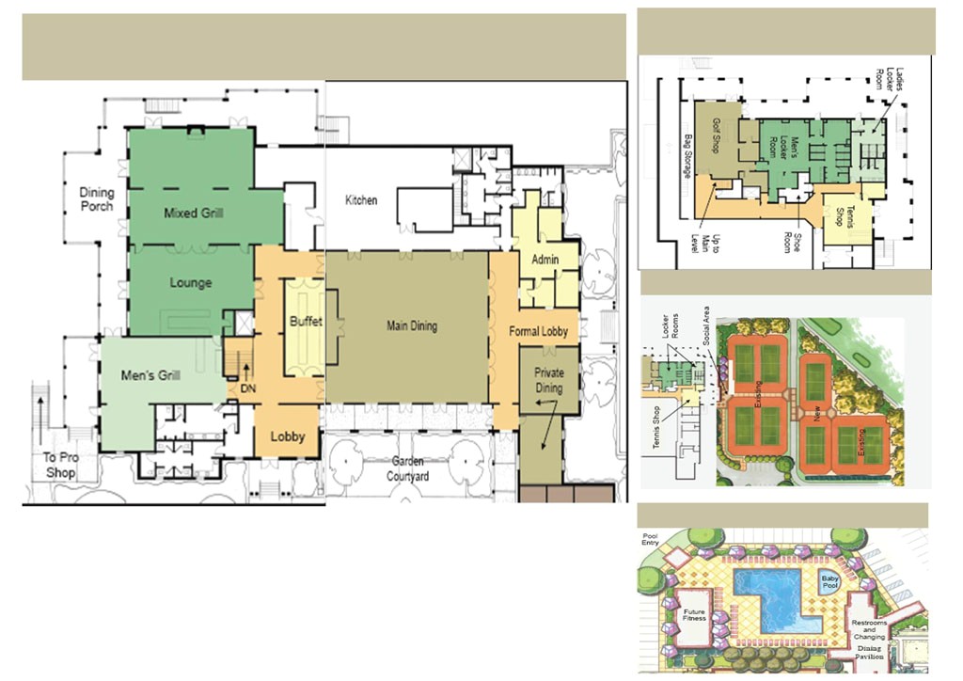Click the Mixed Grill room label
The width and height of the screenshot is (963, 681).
[193, 214]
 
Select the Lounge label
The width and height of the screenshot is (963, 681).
[190, 283]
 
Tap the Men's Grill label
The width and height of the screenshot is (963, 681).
[150, 376]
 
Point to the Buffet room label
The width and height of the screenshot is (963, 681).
[306, 322]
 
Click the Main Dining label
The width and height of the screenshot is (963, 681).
[412, 326]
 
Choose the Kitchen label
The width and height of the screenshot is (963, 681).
[361, 200]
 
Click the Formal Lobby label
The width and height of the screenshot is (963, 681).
[537, 332]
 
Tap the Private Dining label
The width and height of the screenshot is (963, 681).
[548, 381]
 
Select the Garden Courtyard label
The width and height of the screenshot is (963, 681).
[408, 469]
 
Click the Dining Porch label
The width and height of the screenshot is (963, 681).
[96, 199]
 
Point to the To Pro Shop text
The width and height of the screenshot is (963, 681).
[61, 466]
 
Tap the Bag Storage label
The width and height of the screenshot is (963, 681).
[688, 159]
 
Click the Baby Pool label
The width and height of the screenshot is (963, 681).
[829, 582]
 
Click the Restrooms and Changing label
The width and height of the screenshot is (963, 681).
[868, 630]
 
